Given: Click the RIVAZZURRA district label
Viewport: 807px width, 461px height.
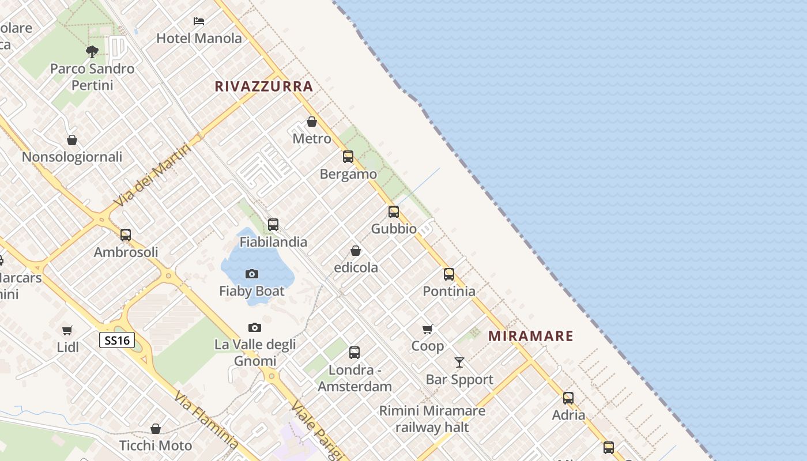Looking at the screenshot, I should [x=263, y=86].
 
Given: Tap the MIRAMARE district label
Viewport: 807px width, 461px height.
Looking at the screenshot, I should [x=531, y=336].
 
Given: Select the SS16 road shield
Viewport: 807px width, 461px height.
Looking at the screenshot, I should [x=117, y=340].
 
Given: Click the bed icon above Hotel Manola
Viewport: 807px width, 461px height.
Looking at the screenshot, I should [x=199, y=21].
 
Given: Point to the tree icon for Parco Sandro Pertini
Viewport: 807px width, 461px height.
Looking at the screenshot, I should [x=92, y=52].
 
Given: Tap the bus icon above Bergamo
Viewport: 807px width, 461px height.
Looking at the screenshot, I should [x=348, y=157].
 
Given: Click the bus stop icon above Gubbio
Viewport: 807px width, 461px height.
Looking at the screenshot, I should [x=394, y=211].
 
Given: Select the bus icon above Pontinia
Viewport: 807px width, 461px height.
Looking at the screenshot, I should [x=449, y=274].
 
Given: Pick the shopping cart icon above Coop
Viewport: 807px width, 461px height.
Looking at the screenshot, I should [x=427, y=329].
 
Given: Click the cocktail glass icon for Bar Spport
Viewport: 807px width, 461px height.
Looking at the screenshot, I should [x=459, y=362].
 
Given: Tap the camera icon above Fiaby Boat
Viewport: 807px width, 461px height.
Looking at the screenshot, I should [x=252, y=274].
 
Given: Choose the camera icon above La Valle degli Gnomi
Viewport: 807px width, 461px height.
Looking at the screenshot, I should [x=255, y=328].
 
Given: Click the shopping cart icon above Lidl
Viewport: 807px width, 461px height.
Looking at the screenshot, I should [x=67, y=330].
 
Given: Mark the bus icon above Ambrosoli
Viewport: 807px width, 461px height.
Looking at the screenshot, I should [x=126, y=235].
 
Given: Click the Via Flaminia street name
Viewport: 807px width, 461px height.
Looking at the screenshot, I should [x=206, y=421].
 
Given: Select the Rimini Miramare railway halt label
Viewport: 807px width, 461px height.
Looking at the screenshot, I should [x=432, y=419].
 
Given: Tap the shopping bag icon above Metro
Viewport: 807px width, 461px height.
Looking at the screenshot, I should [x=312, y=122].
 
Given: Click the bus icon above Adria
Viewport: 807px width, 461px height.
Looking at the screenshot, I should [x=568, y=398].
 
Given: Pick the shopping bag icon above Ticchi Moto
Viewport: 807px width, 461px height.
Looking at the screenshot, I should [x=156, y=429].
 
